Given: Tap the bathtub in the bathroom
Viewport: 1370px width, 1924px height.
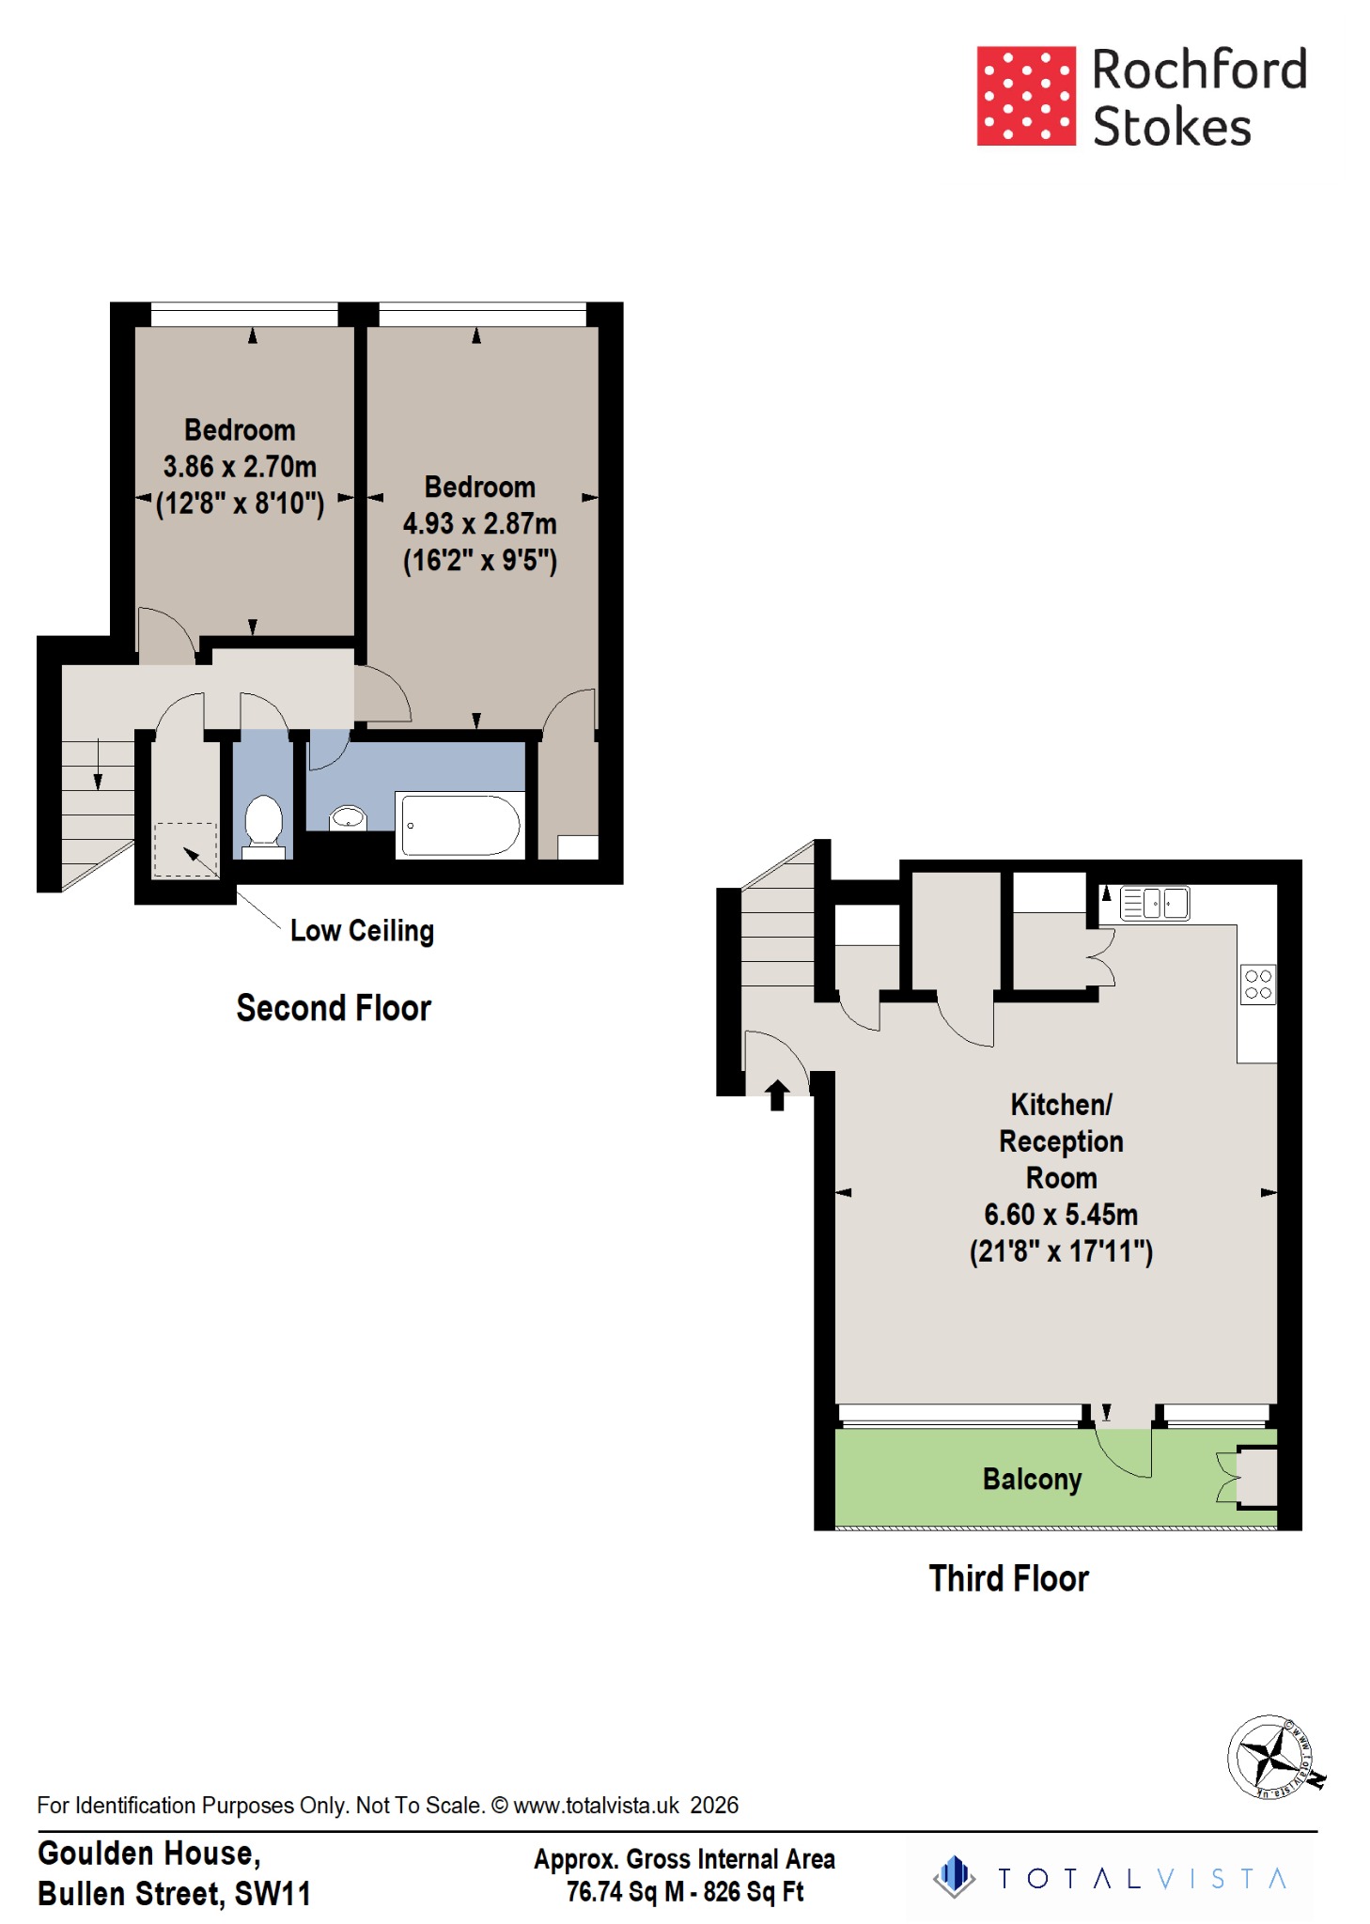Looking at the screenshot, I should (x=460, y=825).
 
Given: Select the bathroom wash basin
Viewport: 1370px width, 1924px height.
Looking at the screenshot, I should (x=349, y=818).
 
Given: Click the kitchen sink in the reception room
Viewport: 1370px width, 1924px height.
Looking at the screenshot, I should (x=1155, y=903).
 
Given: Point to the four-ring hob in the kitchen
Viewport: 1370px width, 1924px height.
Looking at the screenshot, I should (x=1257, y=985).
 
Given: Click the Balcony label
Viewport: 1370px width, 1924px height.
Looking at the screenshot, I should (x=1032, y=1479).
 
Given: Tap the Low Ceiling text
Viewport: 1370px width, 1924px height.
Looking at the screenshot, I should (x=362, y=931).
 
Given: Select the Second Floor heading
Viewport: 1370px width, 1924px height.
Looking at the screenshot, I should (x=334, y=1008).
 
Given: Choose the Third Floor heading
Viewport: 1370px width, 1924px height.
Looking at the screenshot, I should (x=1008, y=1578).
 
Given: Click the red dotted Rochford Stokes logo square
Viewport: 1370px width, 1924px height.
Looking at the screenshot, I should (x=1025, y=96).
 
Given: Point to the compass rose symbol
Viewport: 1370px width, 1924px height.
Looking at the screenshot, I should (x=1270, y=1755).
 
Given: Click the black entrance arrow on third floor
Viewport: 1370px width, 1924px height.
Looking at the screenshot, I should (x=777, y=1094).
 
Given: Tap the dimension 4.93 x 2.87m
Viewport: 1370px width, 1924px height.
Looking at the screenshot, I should (x=479, y=523).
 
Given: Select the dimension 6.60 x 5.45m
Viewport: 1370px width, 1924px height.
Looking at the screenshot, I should (x=1061, y=1215).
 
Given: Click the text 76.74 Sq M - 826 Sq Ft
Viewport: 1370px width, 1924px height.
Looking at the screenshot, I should (x=684, y=1892).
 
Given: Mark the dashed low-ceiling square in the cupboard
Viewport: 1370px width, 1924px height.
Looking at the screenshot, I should (x=185, y=849).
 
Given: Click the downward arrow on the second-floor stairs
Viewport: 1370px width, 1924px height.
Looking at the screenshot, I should (x=98, y=767).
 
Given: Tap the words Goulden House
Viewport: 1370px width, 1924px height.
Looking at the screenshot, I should (x=148, y=1854).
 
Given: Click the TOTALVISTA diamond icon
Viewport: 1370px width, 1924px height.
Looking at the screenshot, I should (x=955, y=1876).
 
